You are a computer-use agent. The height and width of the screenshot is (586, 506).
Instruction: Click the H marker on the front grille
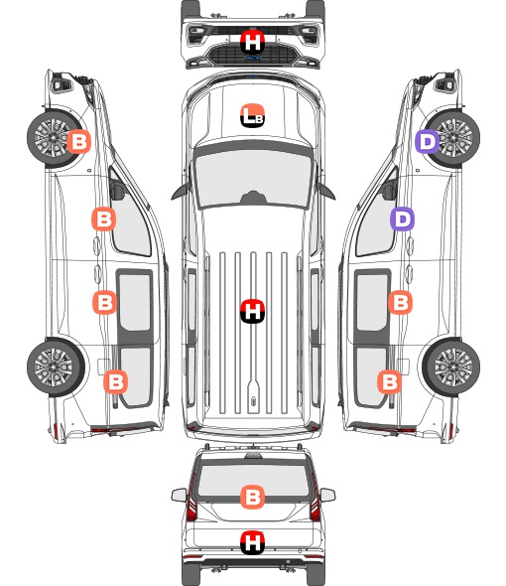pos(252,42)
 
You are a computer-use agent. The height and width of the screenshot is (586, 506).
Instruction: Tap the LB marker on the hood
pos(252,115)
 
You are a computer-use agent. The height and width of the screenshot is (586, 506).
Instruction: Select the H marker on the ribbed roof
pos(252,311)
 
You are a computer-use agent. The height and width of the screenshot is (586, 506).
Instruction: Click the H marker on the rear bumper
pos(252,542)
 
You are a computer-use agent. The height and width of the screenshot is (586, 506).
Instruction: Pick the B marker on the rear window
pos(252,497)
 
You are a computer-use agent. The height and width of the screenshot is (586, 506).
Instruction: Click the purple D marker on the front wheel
pos(428,142)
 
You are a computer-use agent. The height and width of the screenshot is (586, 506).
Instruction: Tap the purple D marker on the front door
pos(402,219)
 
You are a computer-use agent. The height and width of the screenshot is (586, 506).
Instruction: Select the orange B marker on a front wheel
pos(78,141)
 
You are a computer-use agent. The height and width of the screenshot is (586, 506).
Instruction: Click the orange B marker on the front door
pos(104,219)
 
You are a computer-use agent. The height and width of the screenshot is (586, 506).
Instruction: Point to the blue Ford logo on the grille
pos(253,58)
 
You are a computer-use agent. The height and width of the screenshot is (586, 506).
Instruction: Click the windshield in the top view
pos(253,178)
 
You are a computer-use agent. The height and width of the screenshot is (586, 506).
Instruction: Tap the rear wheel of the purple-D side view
pos(451,367)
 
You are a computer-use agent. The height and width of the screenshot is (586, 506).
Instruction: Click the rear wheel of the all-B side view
pos(56,367)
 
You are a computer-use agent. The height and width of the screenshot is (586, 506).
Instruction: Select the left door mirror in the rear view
pos(179,496)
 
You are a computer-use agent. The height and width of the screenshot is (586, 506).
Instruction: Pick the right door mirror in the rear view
pos(327,496)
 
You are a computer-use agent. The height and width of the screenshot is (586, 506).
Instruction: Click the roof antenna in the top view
pos(254,401)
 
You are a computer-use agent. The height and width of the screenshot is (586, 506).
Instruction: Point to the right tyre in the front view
pos(316,8)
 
